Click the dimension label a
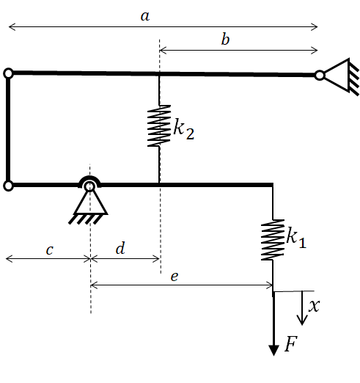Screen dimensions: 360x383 point(145,17)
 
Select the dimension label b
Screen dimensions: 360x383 point(225,40)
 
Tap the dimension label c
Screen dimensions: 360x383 point(50,250)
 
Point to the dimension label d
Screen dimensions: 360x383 point(120,248)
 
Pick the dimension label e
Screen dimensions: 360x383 point(175,277)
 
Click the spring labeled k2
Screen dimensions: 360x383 point(159,126)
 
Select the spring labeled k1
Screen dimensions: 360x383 point(273,240)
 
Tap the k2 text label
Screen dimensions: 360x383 point(184,129)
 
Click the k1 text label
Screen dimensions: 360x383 point(296,238)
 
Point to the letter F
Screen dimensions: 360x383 point(291,343)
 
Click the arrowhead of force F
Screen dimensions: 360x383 point(273,351)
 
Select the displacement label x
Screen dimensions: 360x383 point(314,306)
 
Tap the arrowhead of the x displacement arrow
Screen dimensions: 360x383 point(302,321)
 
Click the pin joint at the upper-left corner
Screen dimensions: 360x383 point(9,73)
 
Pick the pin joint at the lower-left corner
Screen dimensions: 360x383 point(9,186)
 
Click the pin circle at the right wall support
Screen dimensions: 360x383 point(320,76)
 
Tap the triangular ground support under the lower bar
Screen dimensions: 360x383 point(89,205)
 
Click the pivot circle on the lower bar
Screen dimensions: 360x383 point(89,187)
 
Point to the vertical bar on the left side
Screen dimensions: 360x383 point(8,130)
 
